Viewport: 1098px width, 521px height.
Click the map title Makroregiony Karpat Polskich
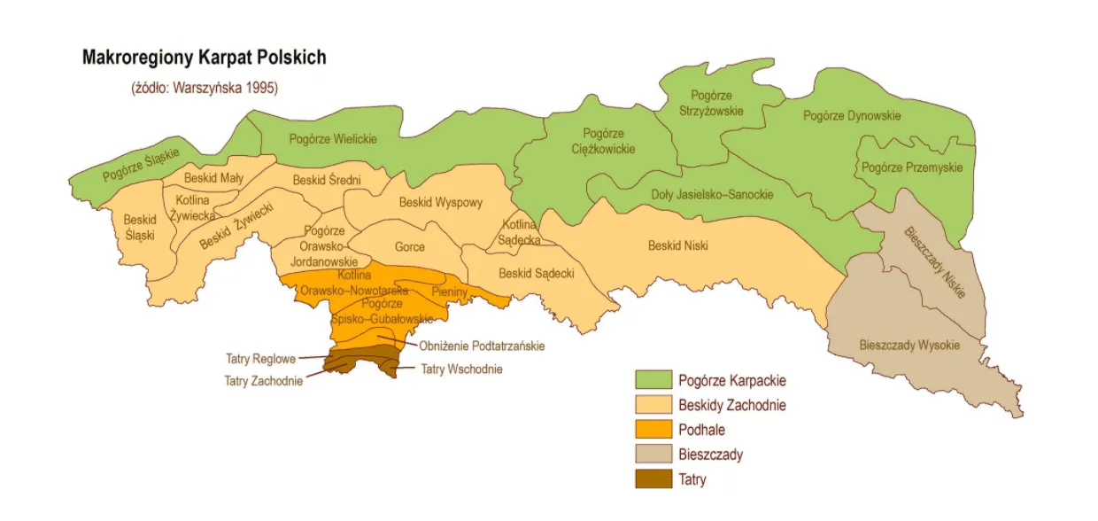coord(204,58)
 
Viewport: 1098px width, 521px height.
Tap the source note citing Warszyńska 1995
coord(205,88)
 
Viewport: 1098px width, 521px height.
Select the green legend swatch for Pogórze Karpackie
coord(651,380)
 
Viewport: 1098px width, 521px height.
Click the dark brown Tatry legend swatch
coord(651,480)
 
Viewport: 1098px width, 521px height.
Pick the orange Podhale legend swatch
coord(651,430)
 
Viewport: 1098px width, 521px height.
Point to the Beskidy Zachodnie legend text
coord(731,405)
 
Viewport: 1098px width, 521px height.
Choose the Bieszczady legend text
coord(710,455)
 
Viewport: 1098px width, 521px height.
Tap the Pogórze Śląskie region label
coord(140,165)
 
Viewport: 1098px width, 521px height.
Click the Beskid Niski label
coord(677,245)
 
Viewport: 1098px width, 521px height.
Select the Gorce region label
coord(409,247)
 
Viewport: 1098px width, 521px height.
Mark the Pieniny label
coord(449,291)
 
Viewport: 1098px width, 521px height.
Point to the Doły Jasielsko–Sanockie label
coord(712,194)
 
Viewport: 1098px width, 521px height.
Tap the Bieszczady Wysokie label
coord(909,346)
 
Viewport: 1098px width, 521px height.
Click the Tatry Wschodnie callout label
coord(461,369)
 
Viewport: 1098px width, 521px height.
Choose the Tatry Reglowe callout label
coord(260,359)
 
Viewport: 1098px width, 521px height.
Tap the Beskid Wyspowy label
coord(441,202)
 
